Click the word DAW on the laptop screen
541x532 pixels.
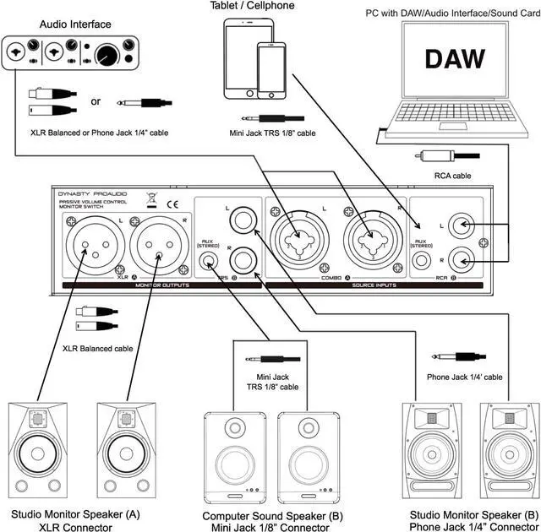[x=454, y=58]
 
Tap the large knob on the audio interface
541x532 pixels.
[x=107, y=57]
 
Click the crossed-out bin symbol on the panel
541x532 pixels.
[x=150, y=203]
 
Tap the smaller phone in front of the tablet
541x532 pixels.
[x=271, y=73]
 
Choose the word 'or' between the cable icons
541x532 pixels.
[x=96, y=101]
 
